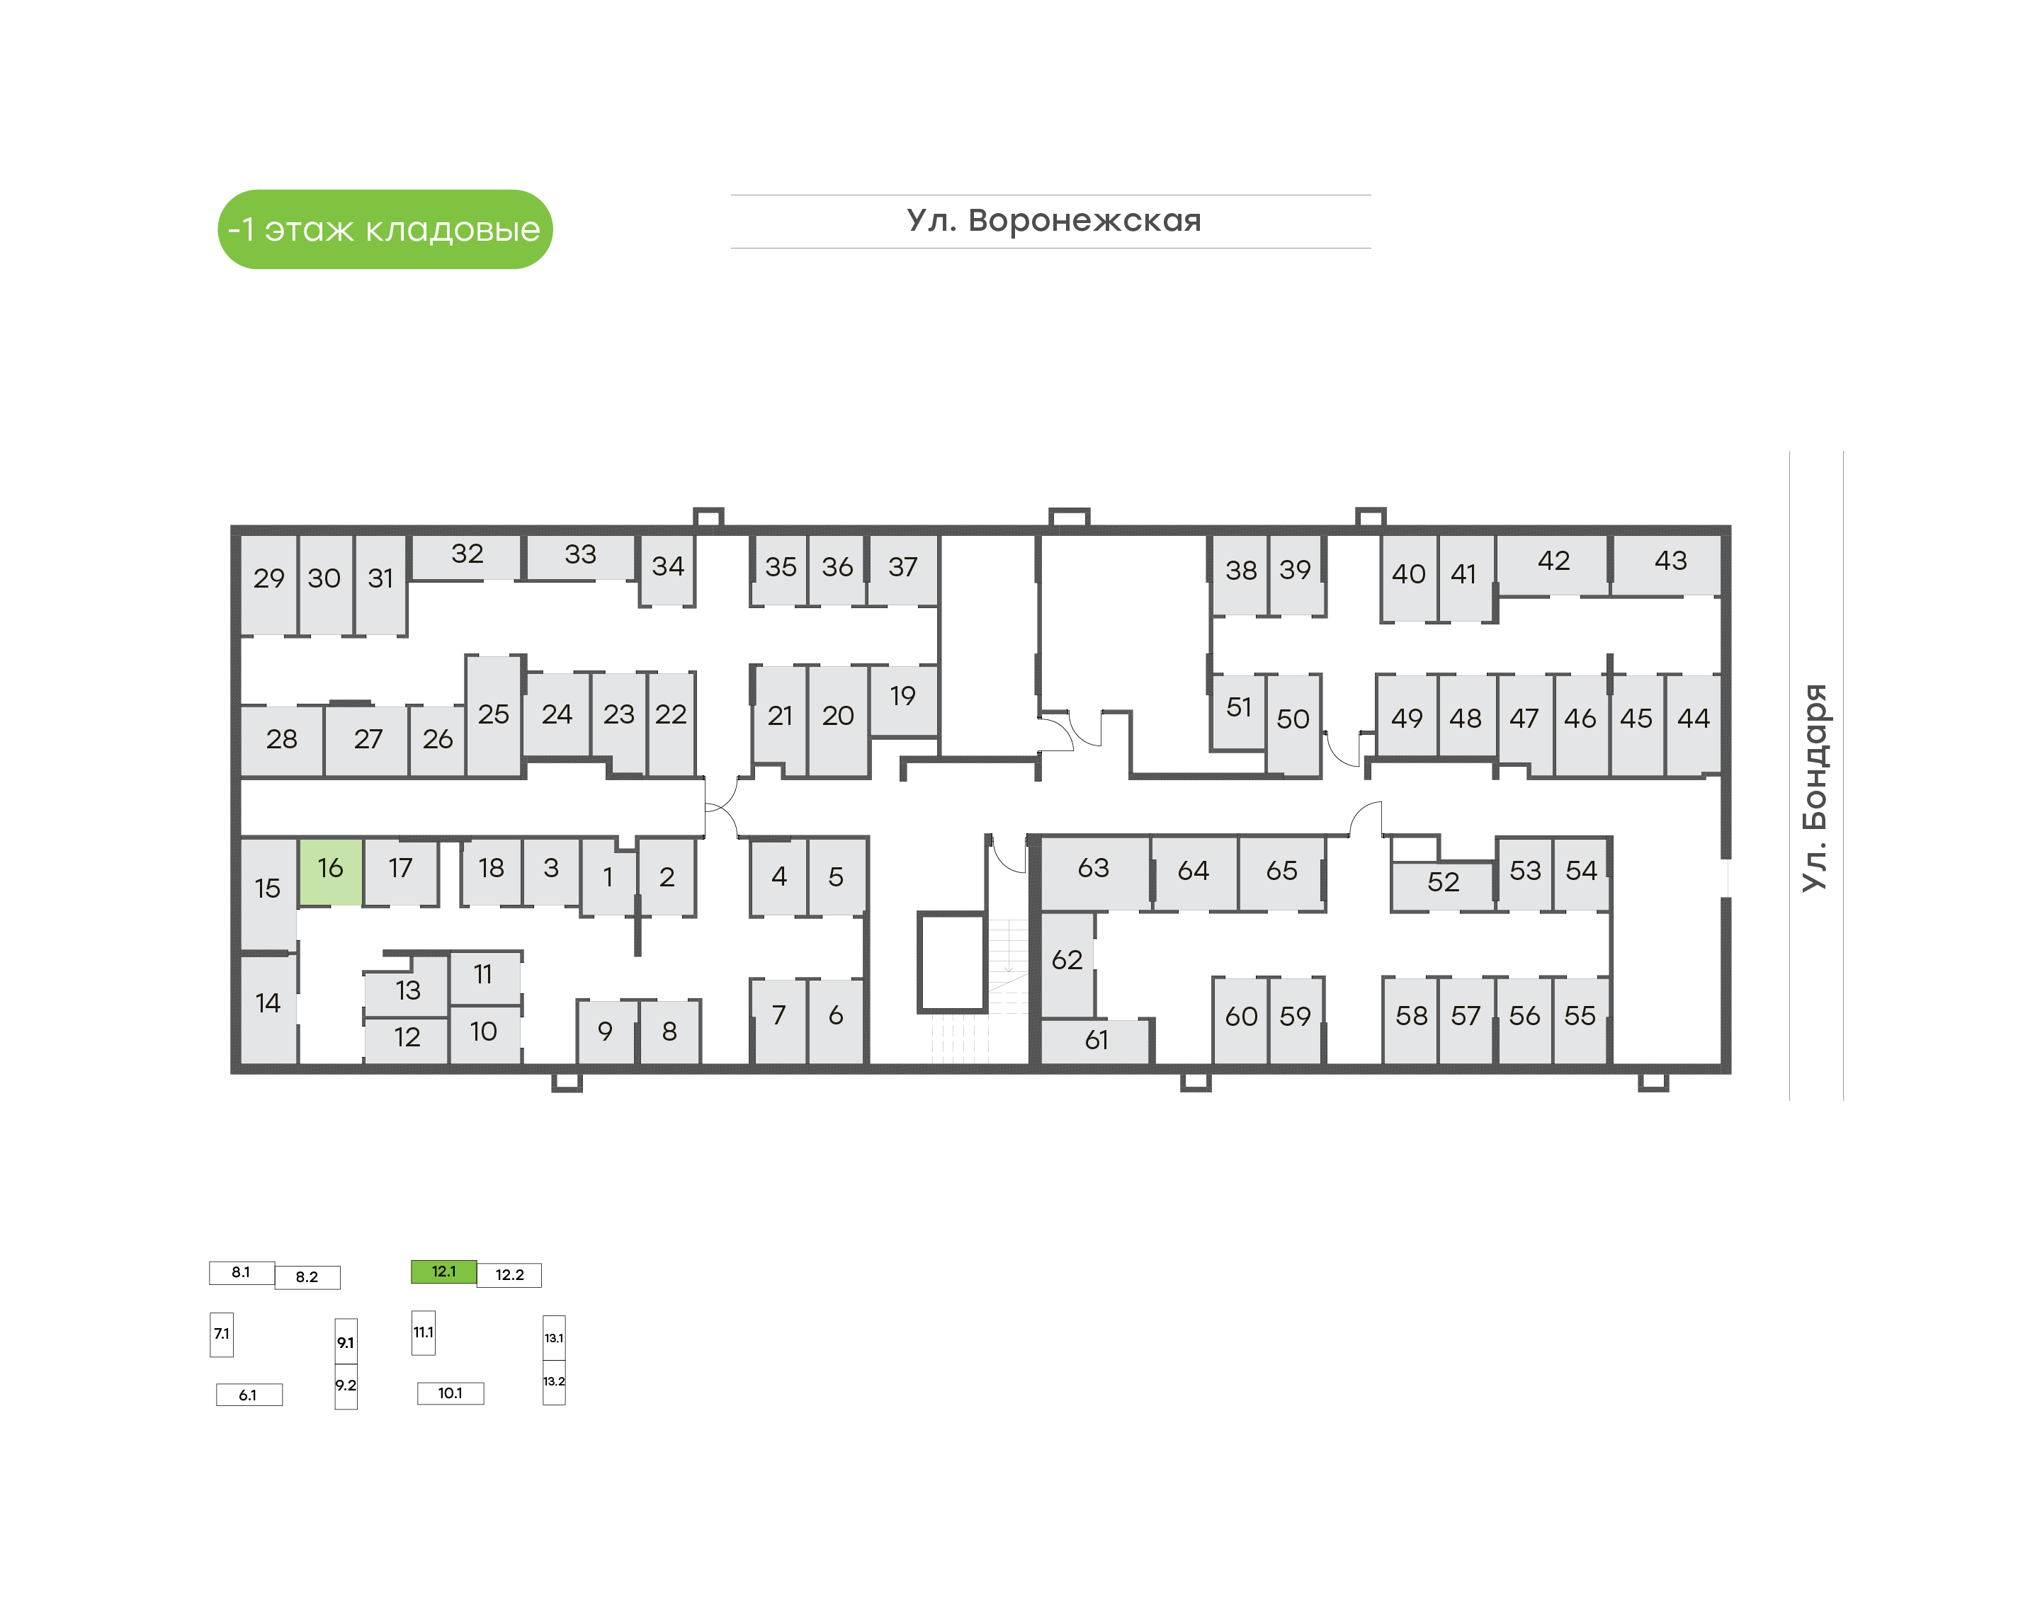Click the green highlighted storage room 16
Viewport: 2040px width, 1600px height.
[330, 872]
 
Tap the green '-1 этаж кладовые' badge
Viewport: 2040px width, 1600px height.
[385, 229]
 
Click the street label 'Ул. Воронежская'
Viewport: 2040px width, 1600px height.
[1053, 221]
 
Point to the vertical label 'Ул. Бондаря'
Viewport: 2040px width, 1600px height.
[1814, 788]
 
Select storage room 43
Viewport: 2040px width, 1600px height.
[1666, 565]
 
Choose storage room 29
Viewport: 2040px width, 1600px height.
[269, 585]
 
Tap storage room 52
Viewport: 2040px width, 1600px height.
[1443, 885]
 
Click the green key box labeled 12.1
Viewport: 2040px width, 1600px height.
[444, 1272]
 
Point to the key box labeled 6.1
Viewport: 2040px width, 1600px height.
[249, 1395]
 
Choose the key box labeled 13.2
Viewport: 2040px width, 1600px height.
[554, 1383]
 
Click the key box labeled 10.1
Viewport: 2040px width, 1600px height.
[450, 1394]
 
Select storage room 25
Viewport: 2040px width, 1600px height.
[494, 716]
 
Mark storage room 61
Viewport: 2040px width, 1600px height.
[1095, 1041]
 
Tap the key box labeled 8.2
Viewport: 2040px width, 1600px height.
[307, 1278]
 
